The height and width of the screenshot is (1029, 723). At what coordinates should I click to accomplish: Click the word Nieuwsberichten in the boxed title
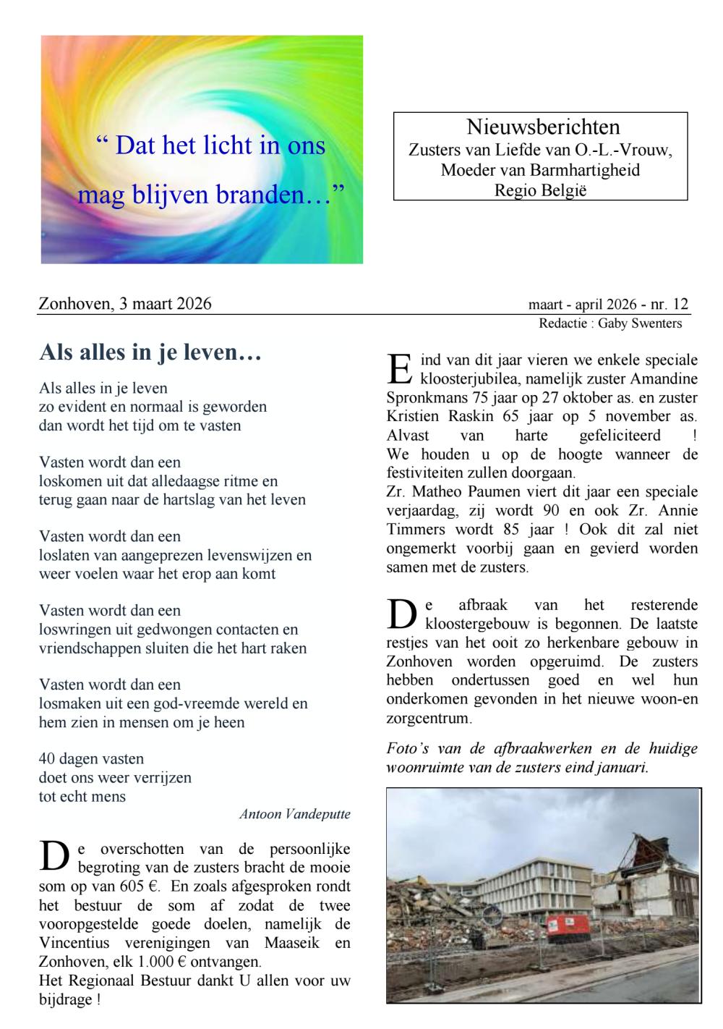pyautogui.click(x=542, y=128)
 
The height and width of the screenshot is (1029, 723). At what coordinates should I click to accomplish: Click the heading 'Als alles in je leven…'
pyautogui.click(x=150, y=352)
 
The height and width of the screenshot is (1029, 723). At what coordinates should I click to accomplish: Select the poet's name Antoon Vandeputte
pyautogui.click(x=294, y=814)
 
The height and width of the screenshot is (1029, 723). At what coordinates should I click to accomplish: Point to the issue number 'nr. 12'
pyautogui.click(x=670, y=304)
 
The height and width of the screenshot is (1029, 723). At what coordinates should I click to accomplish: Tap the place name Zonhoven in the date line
pyautogui.click(x=70, y=304)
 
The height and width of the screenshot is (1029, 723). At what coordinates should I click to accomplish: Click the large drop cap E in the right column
pyautogui.click(x=398, y=368)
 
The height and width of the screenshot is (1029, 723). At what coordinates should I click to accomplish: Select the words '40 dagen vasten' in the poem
pyautogui.click(x=91, y=759)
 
